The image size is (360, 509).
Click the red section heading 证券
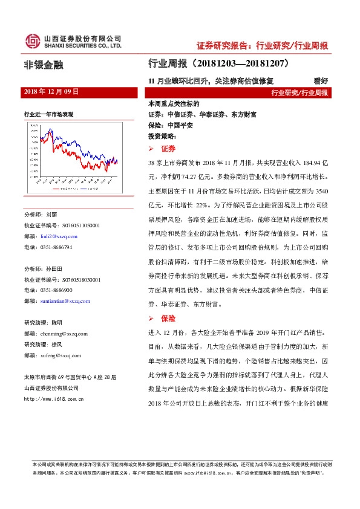tap(168, 148)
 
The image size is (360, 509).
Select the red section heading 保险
tap(168, 319)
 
